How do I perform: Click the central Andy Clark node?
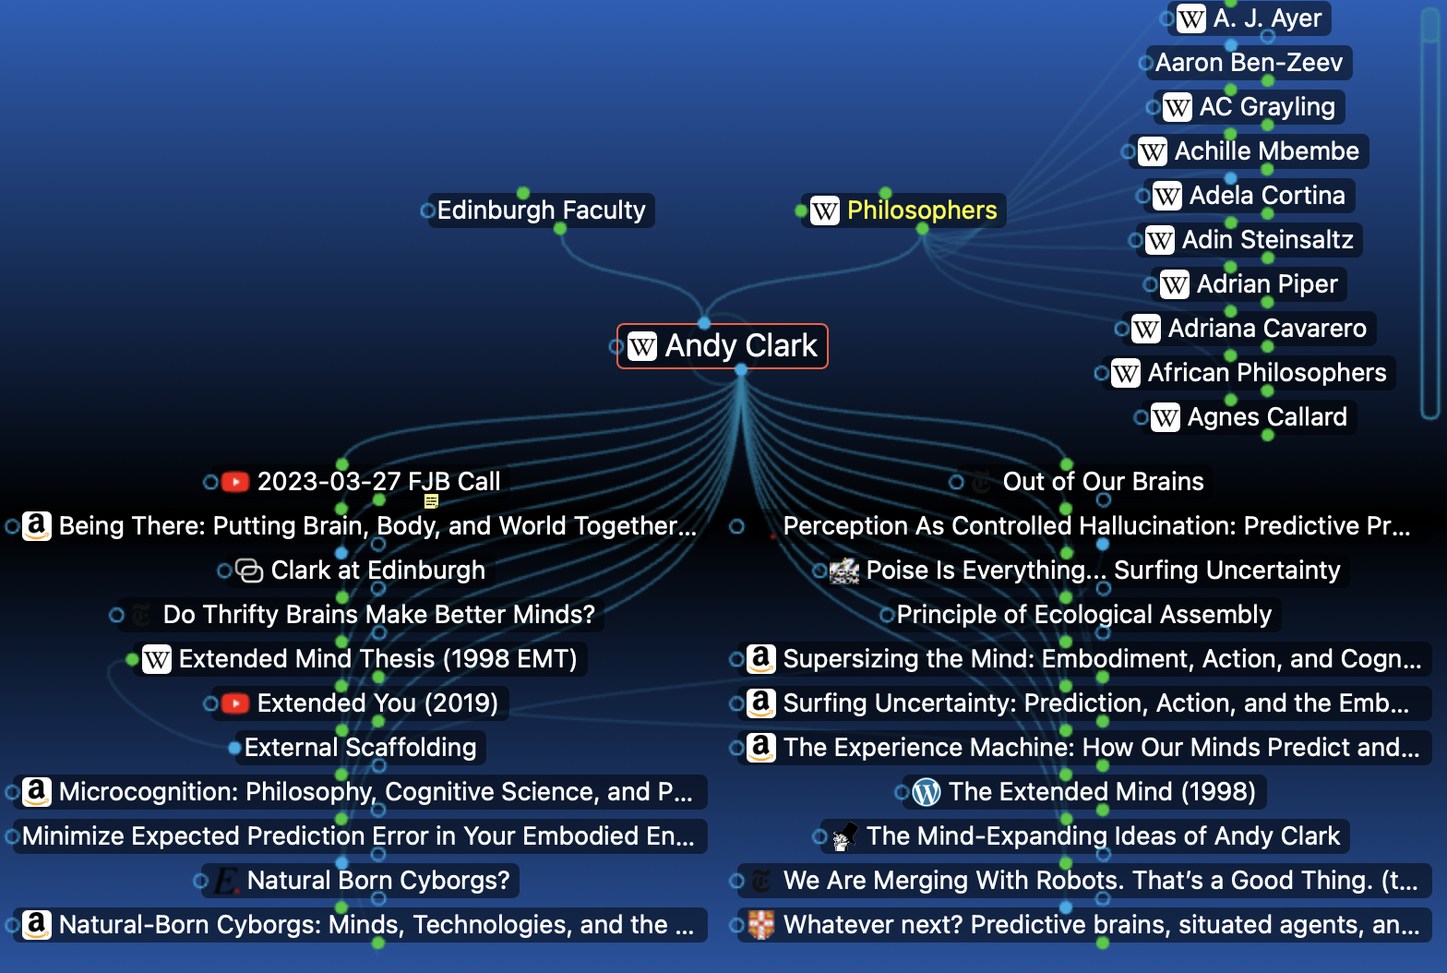click(723, 346)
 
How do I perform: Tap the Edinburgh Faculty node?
click(542, 210)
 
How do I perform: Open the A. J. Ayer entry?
click(1250, 18)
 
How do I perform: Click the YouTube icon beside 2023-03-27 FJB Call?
click(235, 482)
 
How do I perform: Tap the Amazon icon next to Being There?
click(37, 526)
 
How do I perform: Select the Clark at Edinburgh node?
click(361, 571)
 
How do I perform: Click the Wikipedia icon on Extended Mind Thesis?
click(157, 659)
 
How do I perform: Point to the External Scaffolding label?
click(361, 748)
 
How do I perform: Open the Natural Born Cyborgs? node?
click(361, 881)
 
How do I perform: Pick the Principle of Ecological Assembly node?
click(1084, 615)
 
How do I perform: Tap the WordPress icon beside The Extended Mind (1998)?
click(927, 792)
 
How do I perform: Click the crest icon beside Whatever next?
click(761, 925)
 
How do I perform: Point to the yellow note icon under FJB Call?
click(432, 501)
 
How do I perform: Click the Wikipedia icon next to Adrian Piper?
click(1175, 284)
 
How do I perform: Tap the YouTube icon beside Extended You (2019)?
click(235, 703)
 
